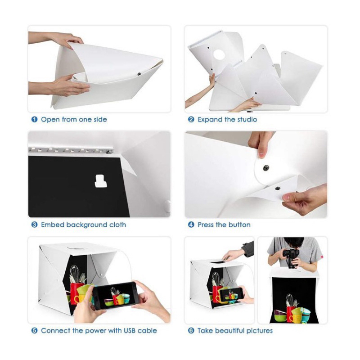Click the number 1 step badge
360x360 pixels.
click(35, 119)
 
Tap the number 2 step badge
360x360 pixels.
click(191, 119)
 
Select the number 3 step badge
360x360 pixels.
click(35, 225)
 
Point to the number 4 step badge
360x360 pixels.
click(191, 225)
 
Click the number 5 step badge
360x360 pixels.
click(35, 331)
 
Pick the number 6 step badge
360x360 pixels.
click(191, 331)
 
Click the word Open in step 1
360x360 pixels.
click(50, 120)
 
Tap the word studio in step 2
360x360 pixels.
click(247, 119)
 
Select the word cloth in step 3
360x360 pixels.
click(117, 225)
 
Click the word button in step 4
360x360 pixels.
click(239, 225)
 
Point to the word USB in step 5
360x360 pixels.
click(129, 331)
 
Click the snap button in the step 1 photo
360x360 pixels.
click(139, 74)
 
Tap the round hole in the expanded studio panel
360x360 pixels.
click(219, 54)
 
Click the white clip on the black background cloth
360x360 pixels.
click(100, 181)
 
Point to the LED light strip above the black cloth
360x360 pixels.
click(71, 150)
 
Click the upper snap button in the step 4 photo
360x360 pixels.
click(266, 167)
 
